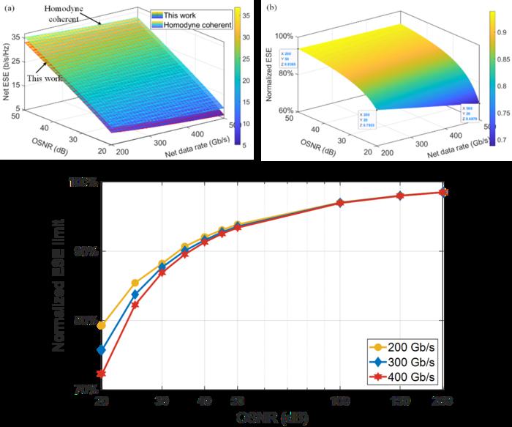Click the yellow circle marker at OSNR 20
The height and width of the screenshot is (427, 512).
pos(102,325)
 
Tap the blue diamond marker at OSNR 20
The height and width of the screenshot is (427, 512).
pos(102,350)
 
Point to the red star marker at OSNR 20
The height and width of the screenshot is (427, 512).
pos(102,374)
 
